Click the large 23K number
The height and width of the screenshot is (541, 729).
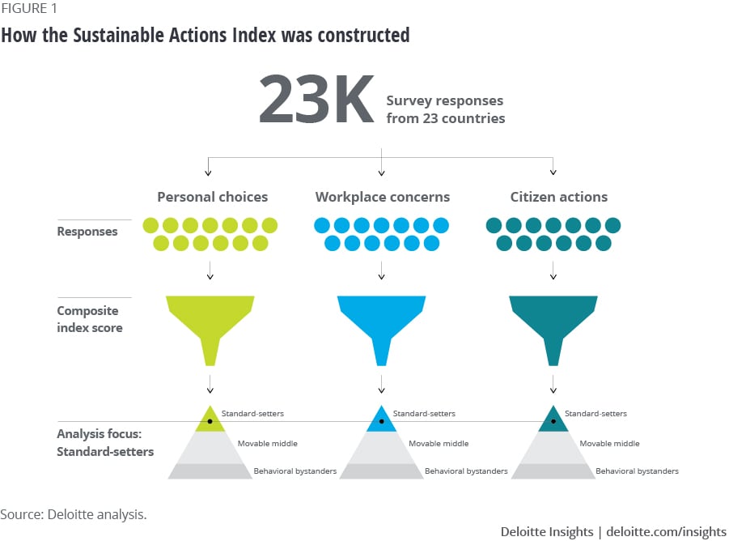click(316, 100)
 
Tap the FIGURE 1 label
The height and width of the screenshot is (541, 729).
click(29, 9)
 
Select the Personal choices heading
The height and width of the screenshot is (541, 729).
click(212, 197)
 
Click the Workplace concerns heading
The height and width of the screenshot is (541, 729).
click(382, 197)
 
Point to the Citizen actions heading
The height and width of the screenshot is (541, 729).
click(558, 197)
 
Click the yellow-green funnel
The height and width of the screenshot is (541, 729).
click(210, 324)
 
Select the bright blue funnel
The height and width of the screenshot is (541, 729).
click(381, 324)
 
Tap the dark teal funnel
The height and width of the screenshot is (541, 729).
click(553, 324)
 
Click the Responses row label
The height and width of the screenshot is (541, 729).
click(87, 232)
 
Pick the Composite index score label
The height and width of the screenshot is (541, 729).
click(89, 319)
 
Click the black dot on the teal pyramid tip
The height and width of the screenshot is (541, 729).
click(553, 421)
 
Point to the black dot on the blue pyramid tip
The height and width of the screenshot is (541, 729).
click(381, 421)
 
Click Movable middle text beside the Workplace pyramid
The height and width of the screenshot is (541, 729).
click(438, 443)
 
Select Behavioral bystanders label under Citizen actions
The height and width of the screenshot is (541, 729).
click(637, 471)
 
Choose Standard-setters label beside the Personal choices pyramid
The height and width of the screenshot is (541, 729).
click(252, 414)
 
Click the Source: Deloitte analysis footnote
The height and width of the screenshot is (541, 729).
click(74, 514)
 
